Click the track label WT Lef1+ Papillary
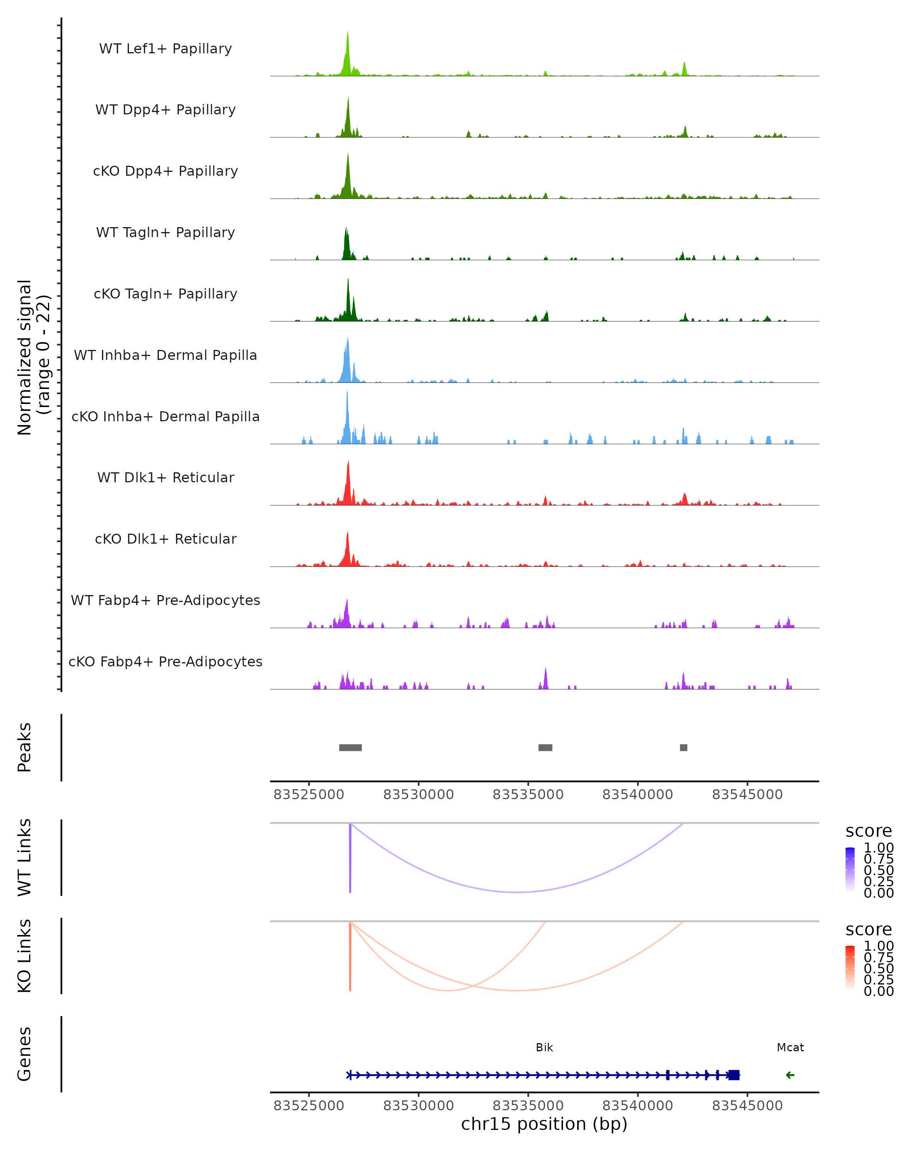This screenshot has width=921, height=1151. coord(165,49)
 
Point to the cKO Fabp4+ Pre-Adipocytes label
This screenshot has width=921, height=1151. coord(165,661)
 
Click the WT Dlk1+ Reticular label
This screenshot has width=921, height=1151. coord(165,477)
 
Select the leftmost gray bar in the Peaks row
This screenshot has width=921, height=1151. coord(350,747)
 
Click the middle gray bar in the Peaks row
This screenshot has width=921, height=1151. coord(545,747)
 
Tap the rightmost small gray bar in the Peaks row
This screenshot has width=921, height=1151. coord(683,747)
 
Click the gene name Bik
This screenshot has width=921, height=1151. coord(544,1047)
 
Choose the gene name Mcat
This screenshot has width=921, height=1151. coord(790,1047)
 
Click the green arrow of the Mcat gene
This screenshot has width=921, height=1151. coord(790,1075)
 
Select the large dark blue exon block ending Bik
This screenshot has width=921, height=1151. coord(734,1075)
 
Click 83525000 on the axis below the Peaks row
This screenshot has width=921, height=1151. coord(309,795)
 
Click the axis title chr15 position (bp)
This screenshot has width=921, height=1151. coord(544,1124)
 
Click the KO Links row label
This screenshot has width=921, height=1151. coord(25,956)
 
